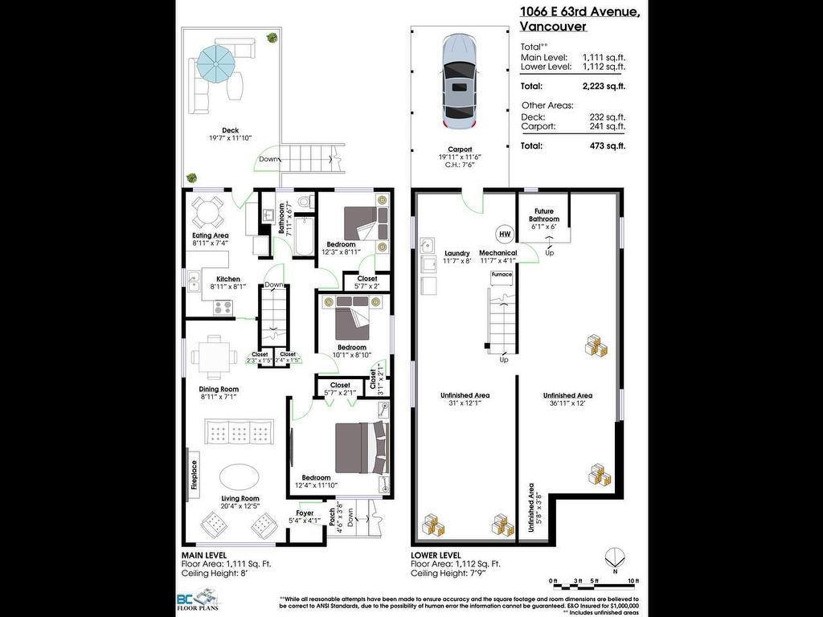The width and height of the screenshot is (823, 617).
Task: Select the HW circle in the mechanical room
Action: (505, 234)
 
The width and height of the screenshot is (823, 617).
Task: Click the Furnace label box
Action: (502, 275)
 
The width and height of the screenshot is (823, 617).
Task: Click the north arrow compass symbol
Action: (615, 557)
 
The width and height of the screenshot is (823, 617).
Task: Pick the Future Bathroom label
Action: (543, 215)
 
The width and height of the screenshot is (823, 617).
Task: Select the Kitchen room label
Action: (227, 279)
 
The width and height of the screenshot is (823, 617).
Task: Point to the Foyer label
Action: (305, 513)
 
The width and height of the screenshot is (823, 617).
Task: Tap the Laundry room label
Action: (457, 253)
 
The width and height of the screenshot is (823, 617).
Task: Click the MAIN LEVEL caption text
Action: (203, 555)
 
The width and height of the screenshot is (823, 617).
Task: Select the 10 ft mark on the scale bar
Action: (634, 580)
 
